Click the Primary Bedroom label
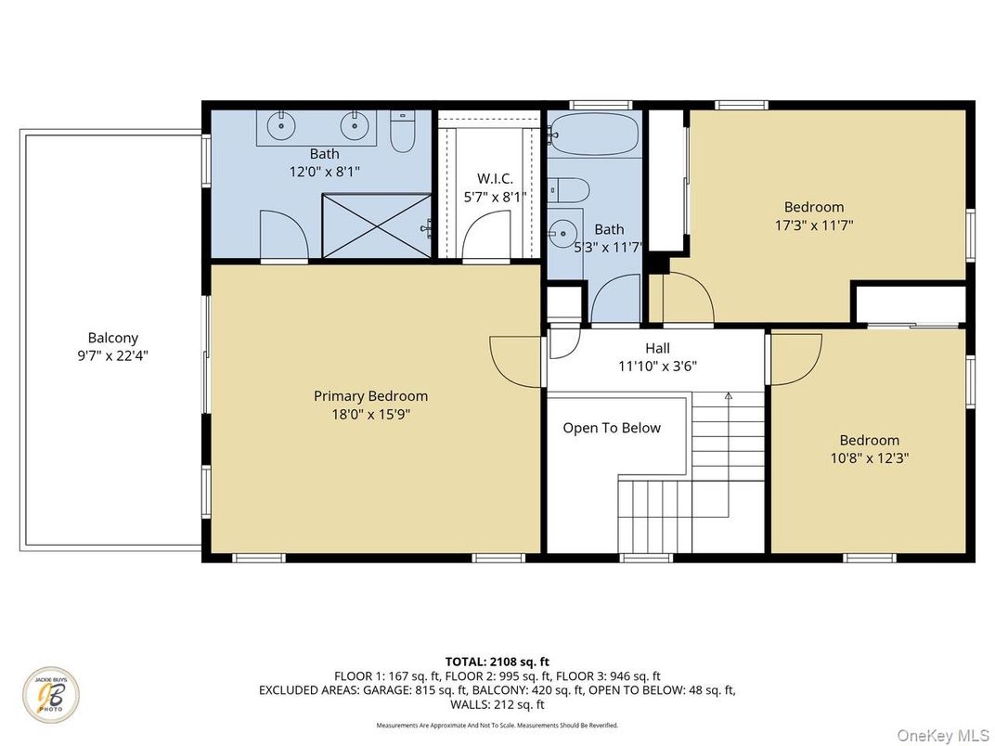[370, 396]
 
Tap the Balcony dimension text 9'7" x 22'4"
[112, 354]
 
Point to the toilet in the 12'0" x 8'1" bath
[402, 133]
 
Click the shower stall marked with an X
[377, 225]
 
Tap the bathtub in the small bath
[593, 135]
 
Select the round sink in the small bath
[562, 231]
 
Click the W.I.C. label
[495, 177]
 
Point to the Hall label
[657, 348]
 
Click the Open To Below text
[612, 428]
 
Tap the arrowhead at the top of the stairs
[729, 396]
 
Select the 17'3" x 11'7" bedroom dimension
[813, 225]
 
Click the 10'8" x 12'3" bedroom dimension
[869, 457]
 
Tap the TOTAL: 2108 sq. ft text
[497, 662]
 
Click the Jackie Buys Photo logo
[51, 696]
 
